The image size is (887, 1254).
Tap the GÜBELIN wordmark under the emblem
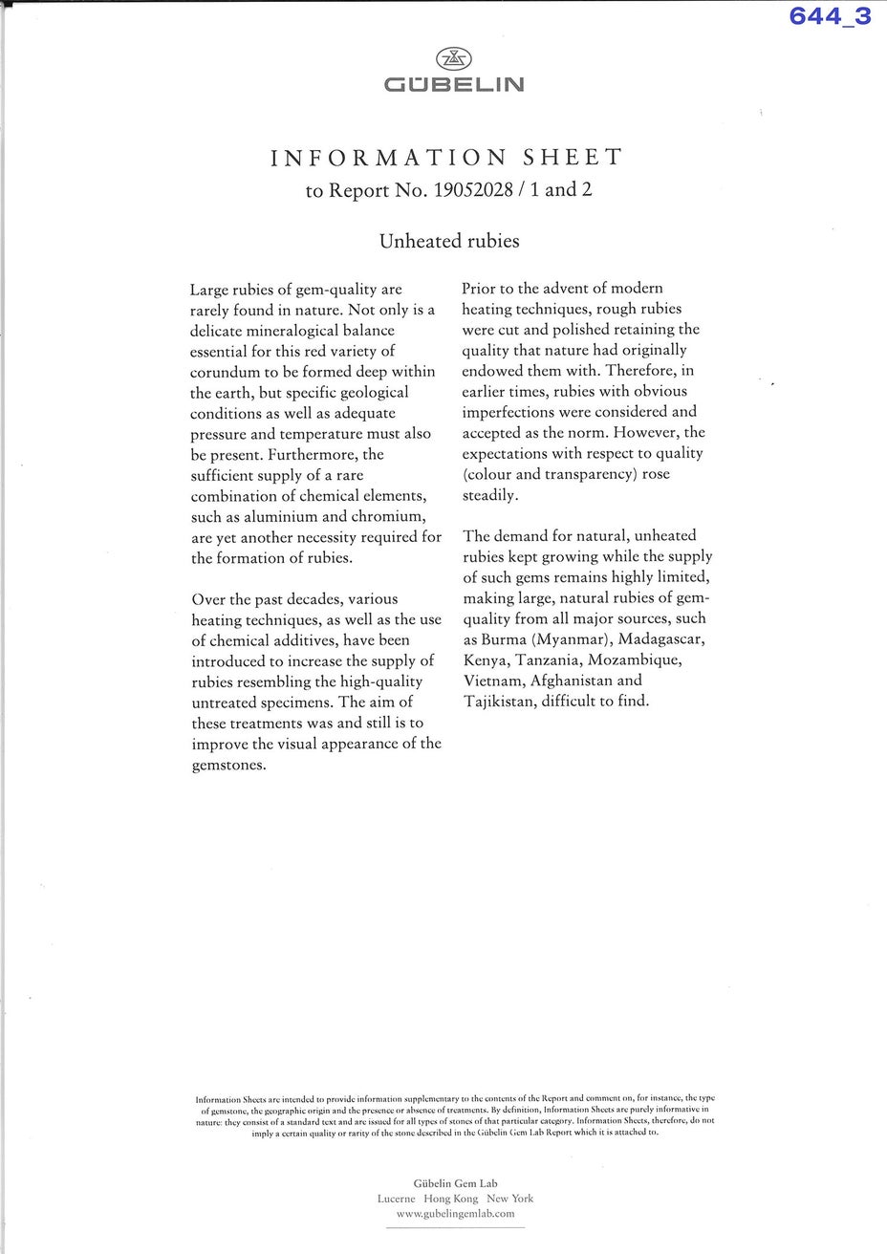tap(453, 85)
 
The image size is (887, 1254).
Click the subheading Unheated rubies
tap(449, 241)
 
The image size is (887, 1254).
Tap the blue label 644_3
tap(830, 15)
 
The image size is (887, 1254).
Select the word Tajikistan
tap(501, 702)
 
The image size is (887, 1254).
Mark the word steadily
tap(489, 495)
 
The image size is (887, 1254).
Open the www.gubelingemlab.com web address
tap(456, 1213)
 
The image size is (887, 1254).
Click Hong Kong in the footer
tap(450, 1198)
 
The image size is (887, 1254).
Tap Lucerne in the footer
tap(396, 1198)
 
